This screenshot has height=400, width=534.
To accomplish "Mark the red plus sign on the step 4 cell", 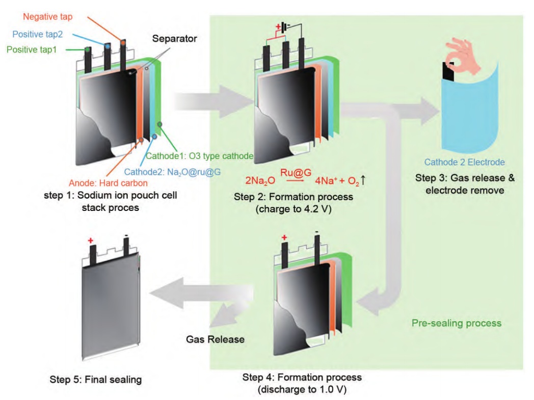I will click(284, 237).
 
